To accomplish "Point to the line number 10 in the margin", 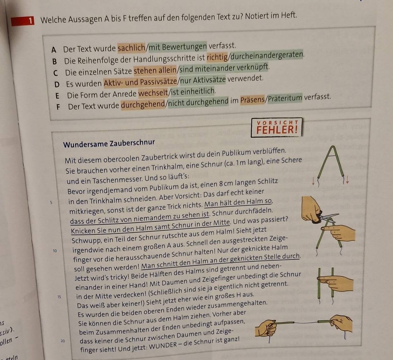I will (55, 251).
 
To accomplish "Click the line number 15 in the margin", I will (60, 297).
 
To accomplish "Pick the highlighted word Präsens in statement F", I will (253, 100).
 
